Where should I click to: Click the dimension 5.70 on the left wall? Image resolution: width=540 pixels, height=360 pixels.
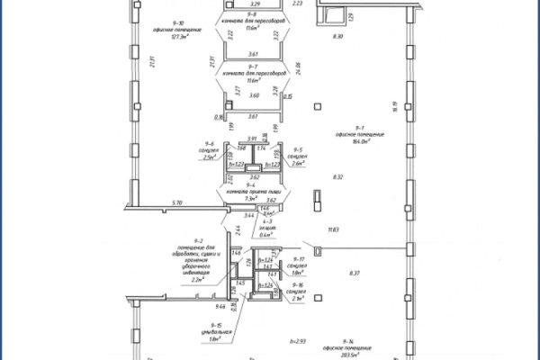point(177,204)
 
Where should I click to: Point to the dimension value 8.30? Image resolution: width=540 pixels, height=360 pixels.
point(337,36)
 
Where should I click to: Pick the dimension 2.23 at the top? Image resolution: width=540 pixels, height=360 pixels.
point(298,4)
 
